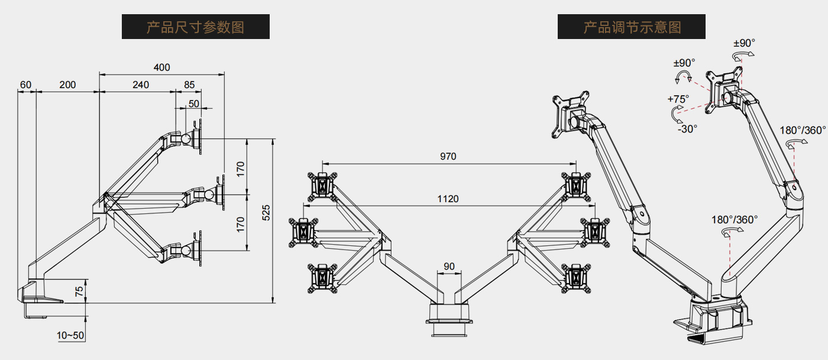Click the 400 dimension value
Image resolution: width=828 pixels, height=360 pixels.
161,67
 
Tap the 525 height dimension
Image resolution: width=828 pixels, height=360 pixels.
266,213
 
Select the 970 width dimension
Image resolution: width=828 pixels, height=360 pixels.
448,157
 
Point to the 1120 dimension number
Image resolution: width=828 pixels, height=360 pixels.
448,199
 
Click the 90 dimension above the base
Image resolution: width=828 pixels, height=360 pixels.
449,267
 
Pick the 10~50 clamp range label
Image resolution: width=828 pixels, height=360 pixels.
70,336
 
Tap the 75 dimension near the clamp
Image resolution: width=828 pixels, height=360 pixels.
79,291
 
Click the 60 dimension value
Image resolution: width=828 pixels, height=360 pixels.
25,85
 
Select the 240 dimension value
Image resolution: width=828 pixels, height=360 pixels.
141,85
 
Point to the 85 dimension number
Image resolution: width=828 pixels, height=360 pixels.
189,85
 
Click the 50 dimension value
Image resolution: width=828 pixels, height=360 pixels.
194,104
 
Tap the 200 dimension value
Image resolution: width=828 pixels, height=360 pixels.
67,85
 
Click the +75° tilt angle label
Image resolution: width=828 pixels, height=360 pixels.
678,99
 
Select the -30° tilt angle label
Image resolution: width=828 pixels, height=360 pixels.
687,128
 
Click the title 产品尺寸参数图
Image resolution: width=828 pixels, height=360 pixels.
196,27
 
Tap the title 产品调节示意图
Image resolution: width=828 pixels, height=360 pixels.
632,27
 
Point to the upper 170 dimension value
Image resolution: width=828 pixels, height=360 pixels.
240,168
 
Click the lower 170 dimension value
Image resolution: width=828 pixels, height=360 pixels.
240,223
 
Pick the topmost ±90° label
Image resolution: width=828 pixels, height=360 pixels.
744,43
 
